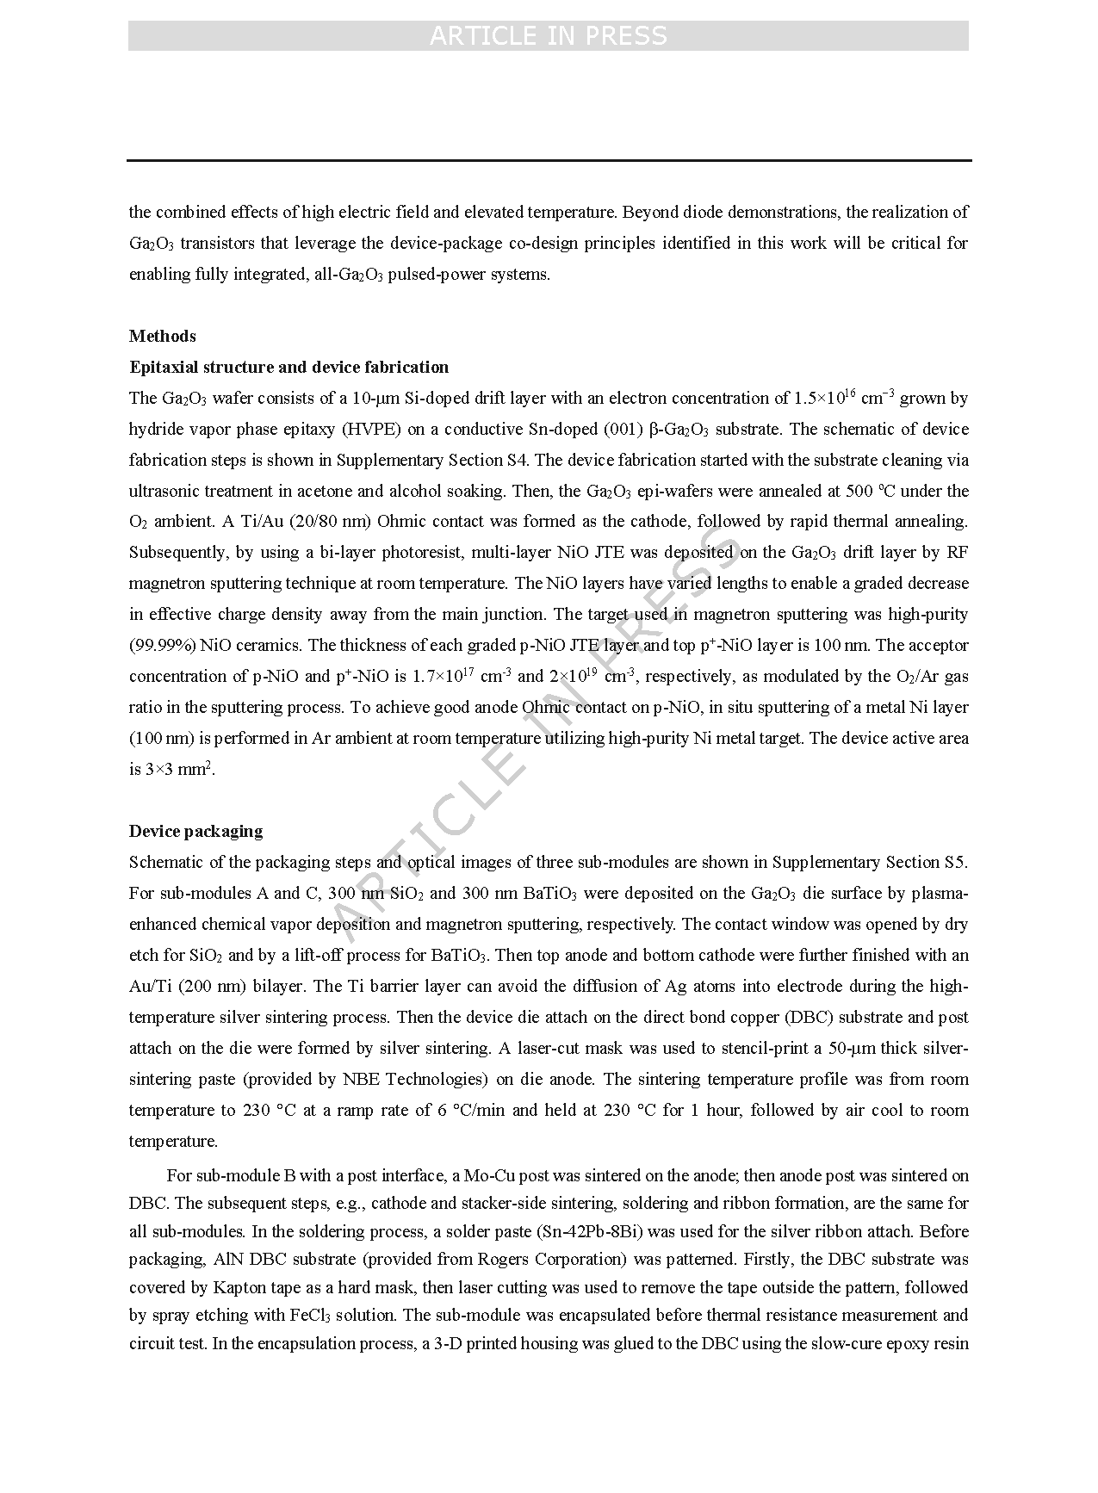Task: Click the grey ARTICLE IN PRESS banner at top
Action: pyautogui.click(x=548, y=35)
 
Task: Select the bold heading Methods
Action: pyautogui.click(x=163, y=336)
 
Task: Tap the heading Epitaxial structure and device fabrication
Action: pyautogui.click(x=288, y=367)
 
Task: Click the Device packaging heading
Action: pyautogui.click(x=195, y=831)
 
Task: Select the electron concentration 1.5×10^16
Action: pyautogui.click(x=824, y=397)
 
